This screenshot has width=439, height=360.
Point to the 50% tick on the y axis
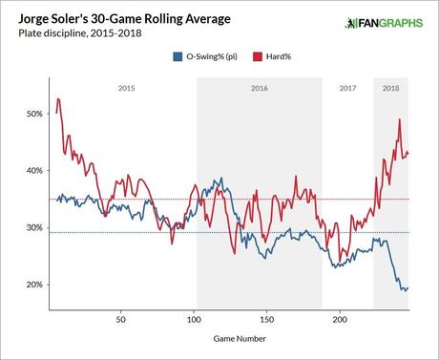pyautogui.click(x=33, y=114)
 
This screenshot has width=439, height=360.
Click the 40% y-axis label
pyautogui.click(x=33, y=171)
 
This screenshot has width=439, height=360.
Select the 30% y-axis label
pyautogui.click(x=33, y=228)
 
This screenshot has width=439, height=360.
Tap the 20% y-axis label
pyautogui.click(x=33, y=286)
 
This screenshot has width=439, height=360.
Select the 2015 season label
pyautogui.click(x=125, y=88)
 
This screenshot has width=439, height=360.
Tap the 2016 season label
pyautogui.click(x=258, y=88)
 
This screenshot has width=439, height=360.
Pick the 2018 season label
pyautogui.click(x=391, y=88)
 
